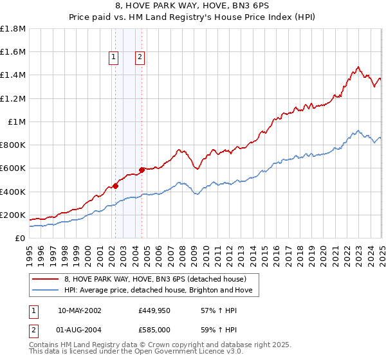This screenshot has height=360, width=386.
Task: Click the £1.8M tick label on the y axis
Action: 12,29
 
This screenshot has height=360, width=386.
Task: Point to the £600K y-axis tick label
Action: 12,168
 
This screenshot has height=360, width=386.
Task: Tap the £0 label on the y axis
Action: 21,239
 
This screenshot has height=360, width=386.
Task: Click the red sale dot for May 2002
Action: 115,186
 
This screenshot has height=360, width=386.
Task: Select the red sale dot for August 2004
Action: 142,170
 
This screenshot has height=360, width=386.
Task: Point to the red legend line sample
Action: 46,279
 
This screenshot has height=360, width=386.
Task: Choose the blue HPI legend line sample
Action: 46,290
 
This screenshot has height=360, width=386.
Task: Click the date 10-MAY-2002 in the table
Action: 79,310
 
